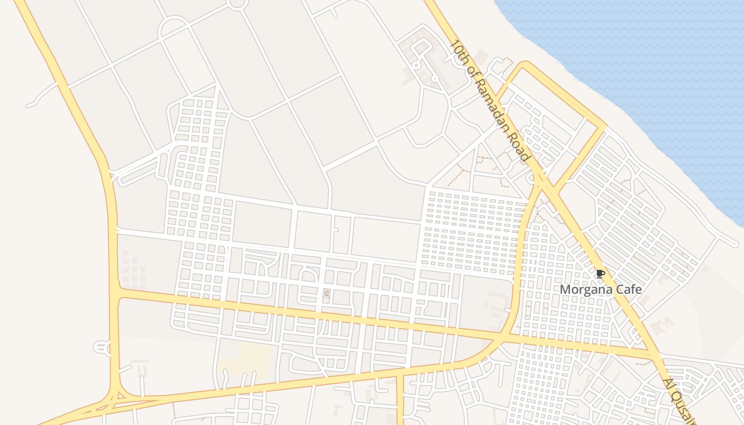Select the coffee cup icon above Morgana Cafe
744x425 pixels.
click(600, 274)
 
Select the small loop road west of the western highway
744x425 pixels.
click(102, 348)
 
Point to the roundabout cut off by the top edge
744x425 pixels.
click(237, 4)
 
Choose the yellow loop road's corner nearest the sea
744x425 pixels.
click(604, 126)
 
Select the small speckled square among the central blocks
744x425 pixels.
click(326, 293)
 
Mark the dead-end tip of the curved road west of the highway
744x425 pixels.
click(28, 105)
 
